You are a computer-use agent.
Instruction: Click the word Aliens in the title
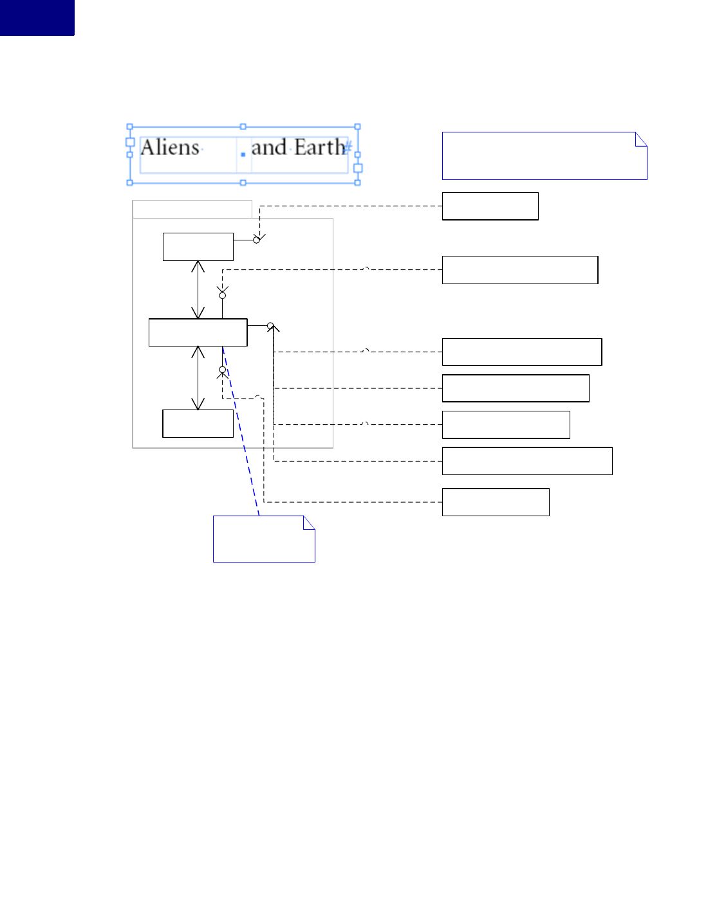click(x=170, y=148)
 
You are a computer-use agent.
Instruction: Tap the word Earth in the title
click(x=320, y=148)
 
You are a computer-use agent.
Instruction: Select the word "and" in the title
click(x=268, y=148)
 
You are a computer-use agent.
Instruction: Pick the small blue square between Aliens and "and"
click(x=243, y=154)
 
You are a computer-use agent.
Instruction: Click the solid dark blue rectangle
click(x=37, y=17)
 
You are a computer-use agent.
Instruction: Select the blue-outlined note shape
click(x=264, y=540)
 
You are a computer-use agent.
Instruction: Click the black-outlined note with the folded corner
click(x=544, y=156)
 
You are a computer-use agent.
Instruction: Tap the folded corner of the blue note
click(x=310, y=521)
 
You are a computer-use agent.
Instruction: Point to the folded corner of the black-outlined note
click(x=642, y=138)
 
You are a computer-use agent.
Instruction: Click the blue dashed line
click(x=241, y=431)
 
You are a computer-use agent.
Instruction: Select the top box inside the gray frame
click(x=198, y=247)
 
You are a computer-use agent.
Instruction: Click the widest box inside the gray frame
click(x=198, y=332)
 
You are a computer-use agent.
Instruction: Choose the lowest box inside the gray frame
click(x=198, y=424)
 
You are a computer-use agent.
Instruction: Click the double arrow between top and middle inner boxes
click(x=198, y=289)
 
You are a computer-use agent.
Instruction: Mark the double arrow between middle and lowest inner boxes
click(x=198, y=378)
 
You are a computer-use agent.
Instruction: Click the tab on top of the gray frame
click(x=192, y=209)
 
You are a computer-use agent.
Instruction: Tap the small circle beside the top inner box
click(x=256, y=240)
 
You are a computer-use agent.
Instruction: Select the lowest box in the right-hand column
click(x=496, y=502)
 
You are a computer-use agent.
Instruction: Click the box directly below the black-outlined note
click(x=490, y=206)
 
